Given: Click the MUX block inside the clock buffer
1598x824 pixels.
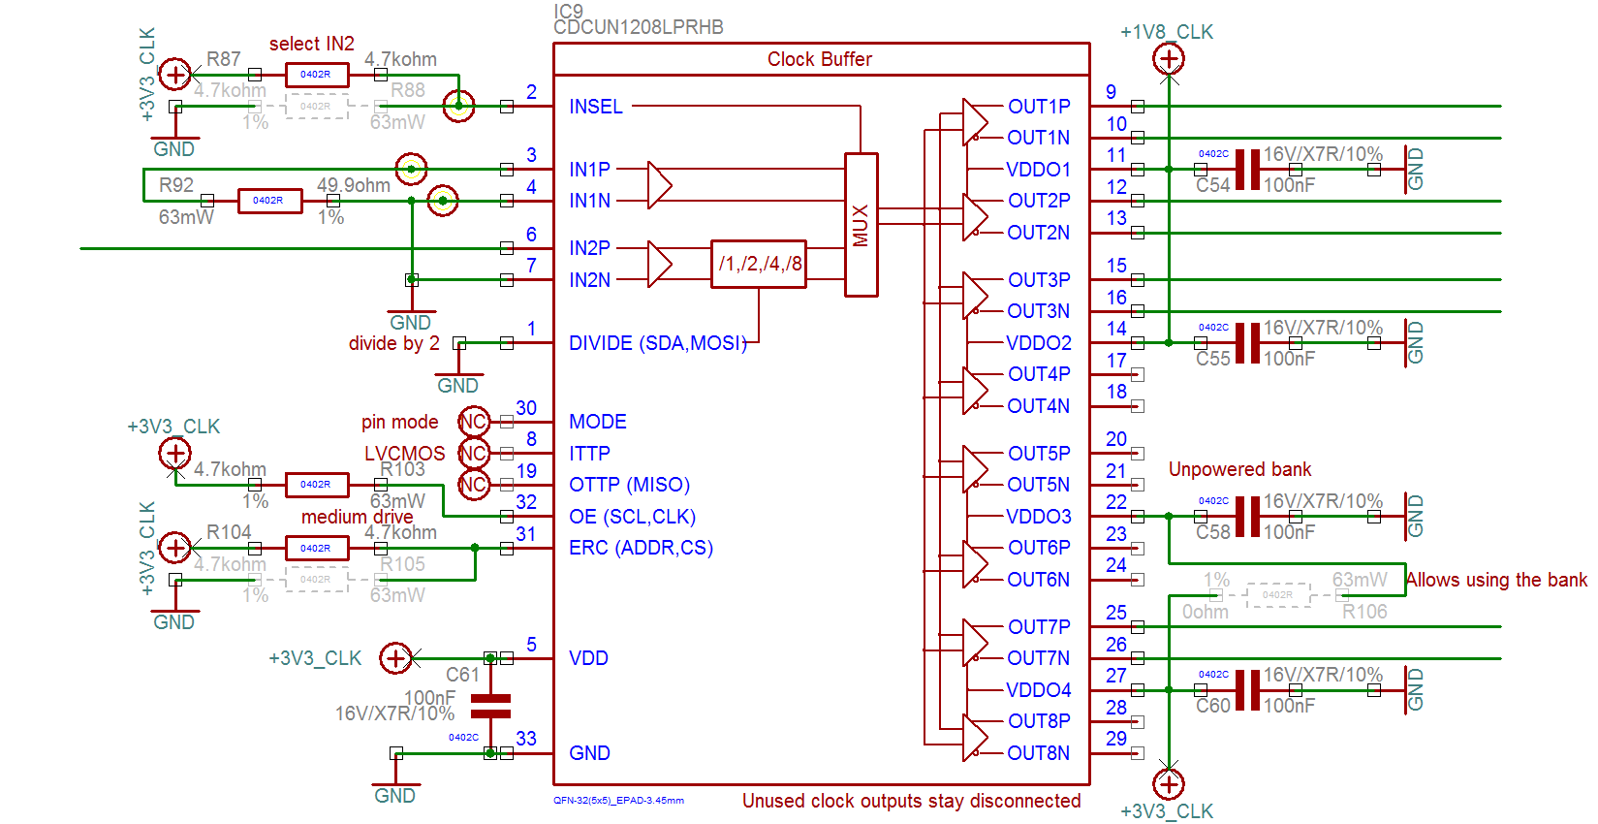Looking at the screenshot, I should tap(861, 225).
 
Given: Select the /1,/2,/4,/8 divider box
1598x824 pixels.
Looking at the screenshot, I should tap(759, 264).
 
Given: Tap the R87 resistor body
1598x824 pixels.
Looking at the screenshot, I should tap(316, 75).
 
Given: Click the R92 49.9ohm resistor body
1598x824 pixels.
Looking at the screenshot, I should tap(269, 201).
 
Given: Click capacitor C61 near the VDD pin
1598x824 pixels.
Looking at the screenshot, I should tap(490, 706).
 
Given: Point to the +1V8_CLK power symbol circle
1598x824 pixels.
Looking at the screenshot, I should tap(1169, 59).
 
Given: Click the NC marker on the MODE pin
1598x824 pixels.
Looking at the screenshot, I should tap(473, 422).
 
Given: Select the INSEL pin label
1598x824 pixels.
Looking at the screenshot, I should tap(596, 107).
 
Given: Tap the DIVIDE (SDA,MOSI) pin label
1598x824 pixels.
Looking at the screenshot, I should tap(657, 343).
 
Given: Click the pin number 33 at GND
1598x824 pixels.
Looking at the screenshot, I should tap(526, 739).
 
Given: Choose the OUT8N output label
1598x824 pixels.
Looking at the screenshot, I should tap(1038, 753).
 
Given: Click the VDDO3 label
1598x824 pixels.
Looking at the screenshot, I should tap(1038, 517).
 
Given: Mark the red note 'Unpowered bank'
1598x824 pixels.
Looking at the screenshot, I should tap(1239, 469).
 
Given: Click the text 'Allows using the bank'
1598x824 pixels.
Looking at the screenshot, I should tap(1496, 580).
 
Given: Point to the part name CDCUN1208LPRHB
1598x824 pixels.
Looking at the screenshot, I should tap(638, 27).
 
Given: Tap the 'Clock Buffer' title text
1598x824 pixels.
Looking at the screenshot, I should tap(820, 59).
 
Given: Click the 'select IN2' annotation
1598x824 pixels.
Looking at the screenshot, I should tap(311, 44).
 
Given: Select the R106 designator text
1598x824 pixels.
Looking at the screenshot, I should tap(1364, 612).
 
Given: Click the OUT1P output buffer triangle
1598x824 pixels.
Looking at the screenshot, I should tap(974, 122).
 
